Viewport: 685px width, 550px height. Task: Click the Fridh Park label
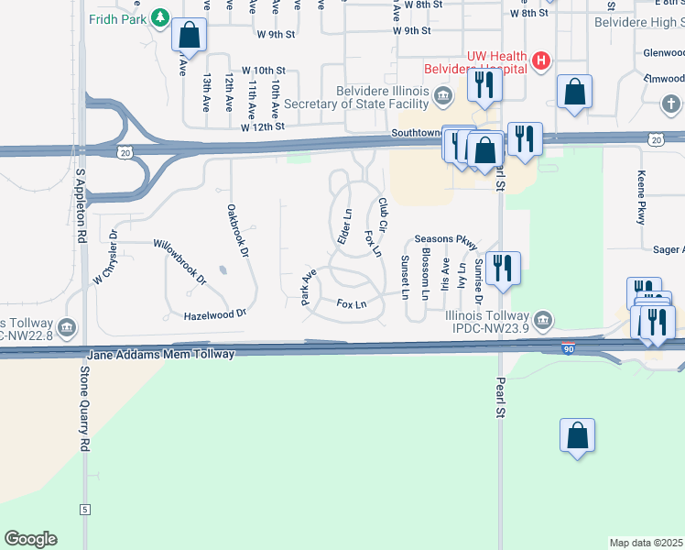tap(117, 17)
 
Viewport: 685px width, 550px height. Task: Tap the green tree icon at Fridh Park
tap(160, 17)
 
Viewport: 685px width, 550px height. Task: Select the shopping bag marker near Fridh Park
tap(189, 37)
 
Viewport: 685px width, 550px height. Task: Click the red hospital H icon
tap(541, 61)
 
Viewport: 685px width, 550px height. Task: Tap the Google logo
tap(30, 539)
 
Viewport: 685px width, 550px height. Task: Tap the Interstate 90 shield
tap(570, 348)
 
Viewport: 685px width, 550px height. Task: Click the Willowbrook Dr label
tap(179, 258)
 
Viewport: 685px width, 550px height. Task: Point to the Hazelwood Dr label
tap(215, 313)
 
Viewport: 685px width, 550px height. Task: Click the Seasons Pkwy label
tap(446, 240)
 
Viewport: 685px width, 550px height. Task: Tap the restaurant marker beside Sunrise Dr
tap(503, 269)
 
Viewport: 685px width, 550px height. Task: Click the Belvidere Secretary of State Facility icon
tap(443, 95)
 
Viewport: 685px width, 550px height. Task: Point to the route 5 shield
tap(84, 509)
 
